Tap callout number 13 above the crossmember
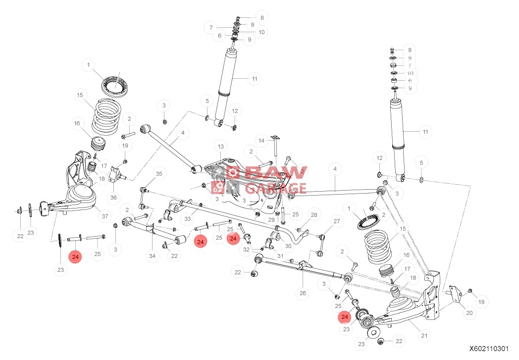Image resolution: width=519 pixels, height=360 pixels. click(x=220, y=147)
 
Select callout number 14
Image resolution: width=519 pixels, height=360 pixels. click(x=261, y=141)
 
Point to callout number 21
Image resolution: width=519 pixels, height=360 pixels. click(x=424, y=336)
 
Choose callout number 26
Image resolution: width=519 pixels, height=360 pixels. click(x=303, y=293)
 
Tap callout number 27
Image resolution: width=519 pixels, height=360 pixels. click(x=337, y=221)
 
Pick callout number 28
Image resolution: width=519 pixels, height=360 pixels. click(x=313, y=214)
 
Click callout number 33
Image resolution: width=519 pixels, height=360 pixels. click(x=188, y=218)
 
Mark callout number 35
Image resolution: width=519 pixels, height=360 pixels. click(x=158, y=174)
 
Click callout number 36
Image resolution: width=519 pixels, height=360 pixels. click(x=114, y=197)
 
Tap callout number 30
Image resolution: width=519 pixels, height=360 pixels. click(x=289, y=246)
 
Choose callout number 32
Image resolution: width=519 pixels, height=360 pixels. click(x=247, y=250)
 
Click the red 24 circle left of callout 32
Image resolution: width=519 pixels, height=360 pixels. click(x=233, y=239)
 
